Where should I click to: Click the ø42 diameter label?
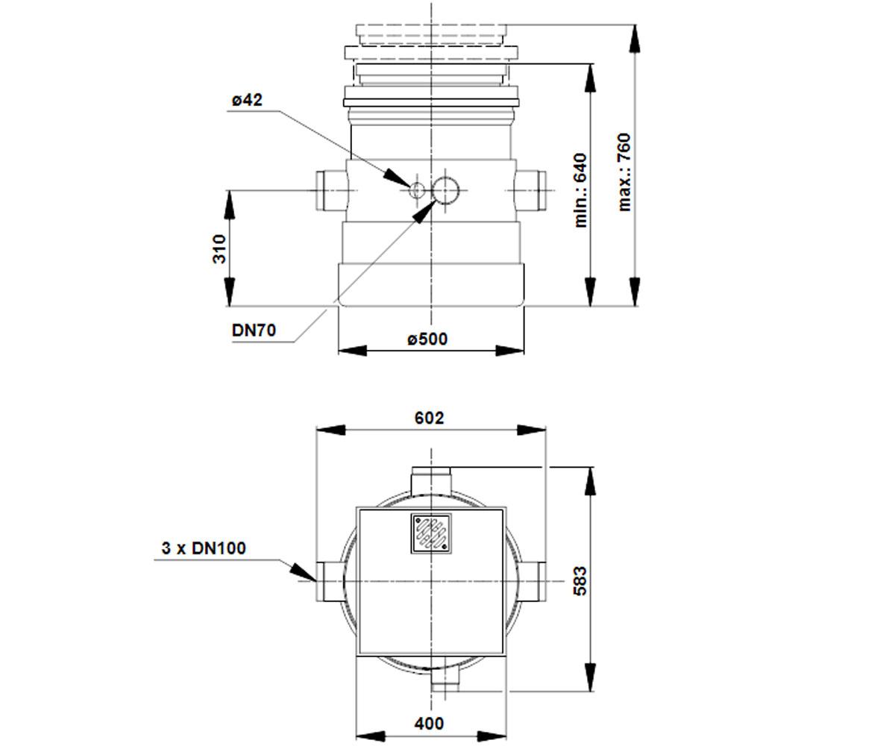(247, 100)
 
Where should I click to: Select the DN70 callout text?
(254, 330)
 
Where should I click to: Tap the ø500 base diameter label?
(427, 339)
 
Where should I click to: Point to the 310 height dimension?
(219, 248)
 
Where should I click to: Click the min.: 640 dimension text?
(580, 190)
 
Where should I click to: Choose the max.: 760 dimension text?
(624, 172)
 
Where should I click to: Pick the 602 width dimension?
(429, 418)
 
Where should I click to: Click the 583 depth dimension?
(580, 581)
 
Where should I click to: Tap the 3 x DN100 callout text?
(204, 548)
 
